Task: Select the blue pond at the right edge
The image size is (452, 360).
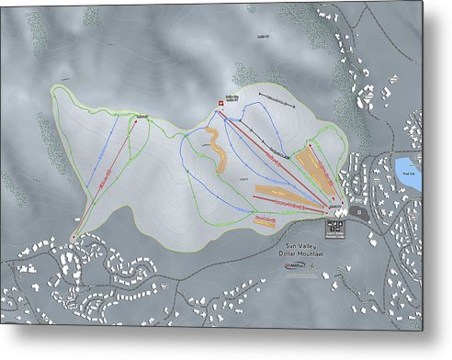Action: coord(409,173)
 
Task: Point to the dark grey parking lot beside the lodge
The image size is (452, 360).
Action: coord(356,213)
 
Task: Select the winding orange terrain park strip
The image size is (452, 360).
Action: coord(217,147)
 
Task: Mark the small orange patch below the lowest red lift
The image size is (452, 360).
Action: coord(266,219)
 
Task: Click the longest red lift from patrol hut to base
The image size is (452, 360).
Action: coord(276,156)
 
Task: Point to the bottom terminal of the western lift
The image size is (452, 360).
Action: coord(72,236)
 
